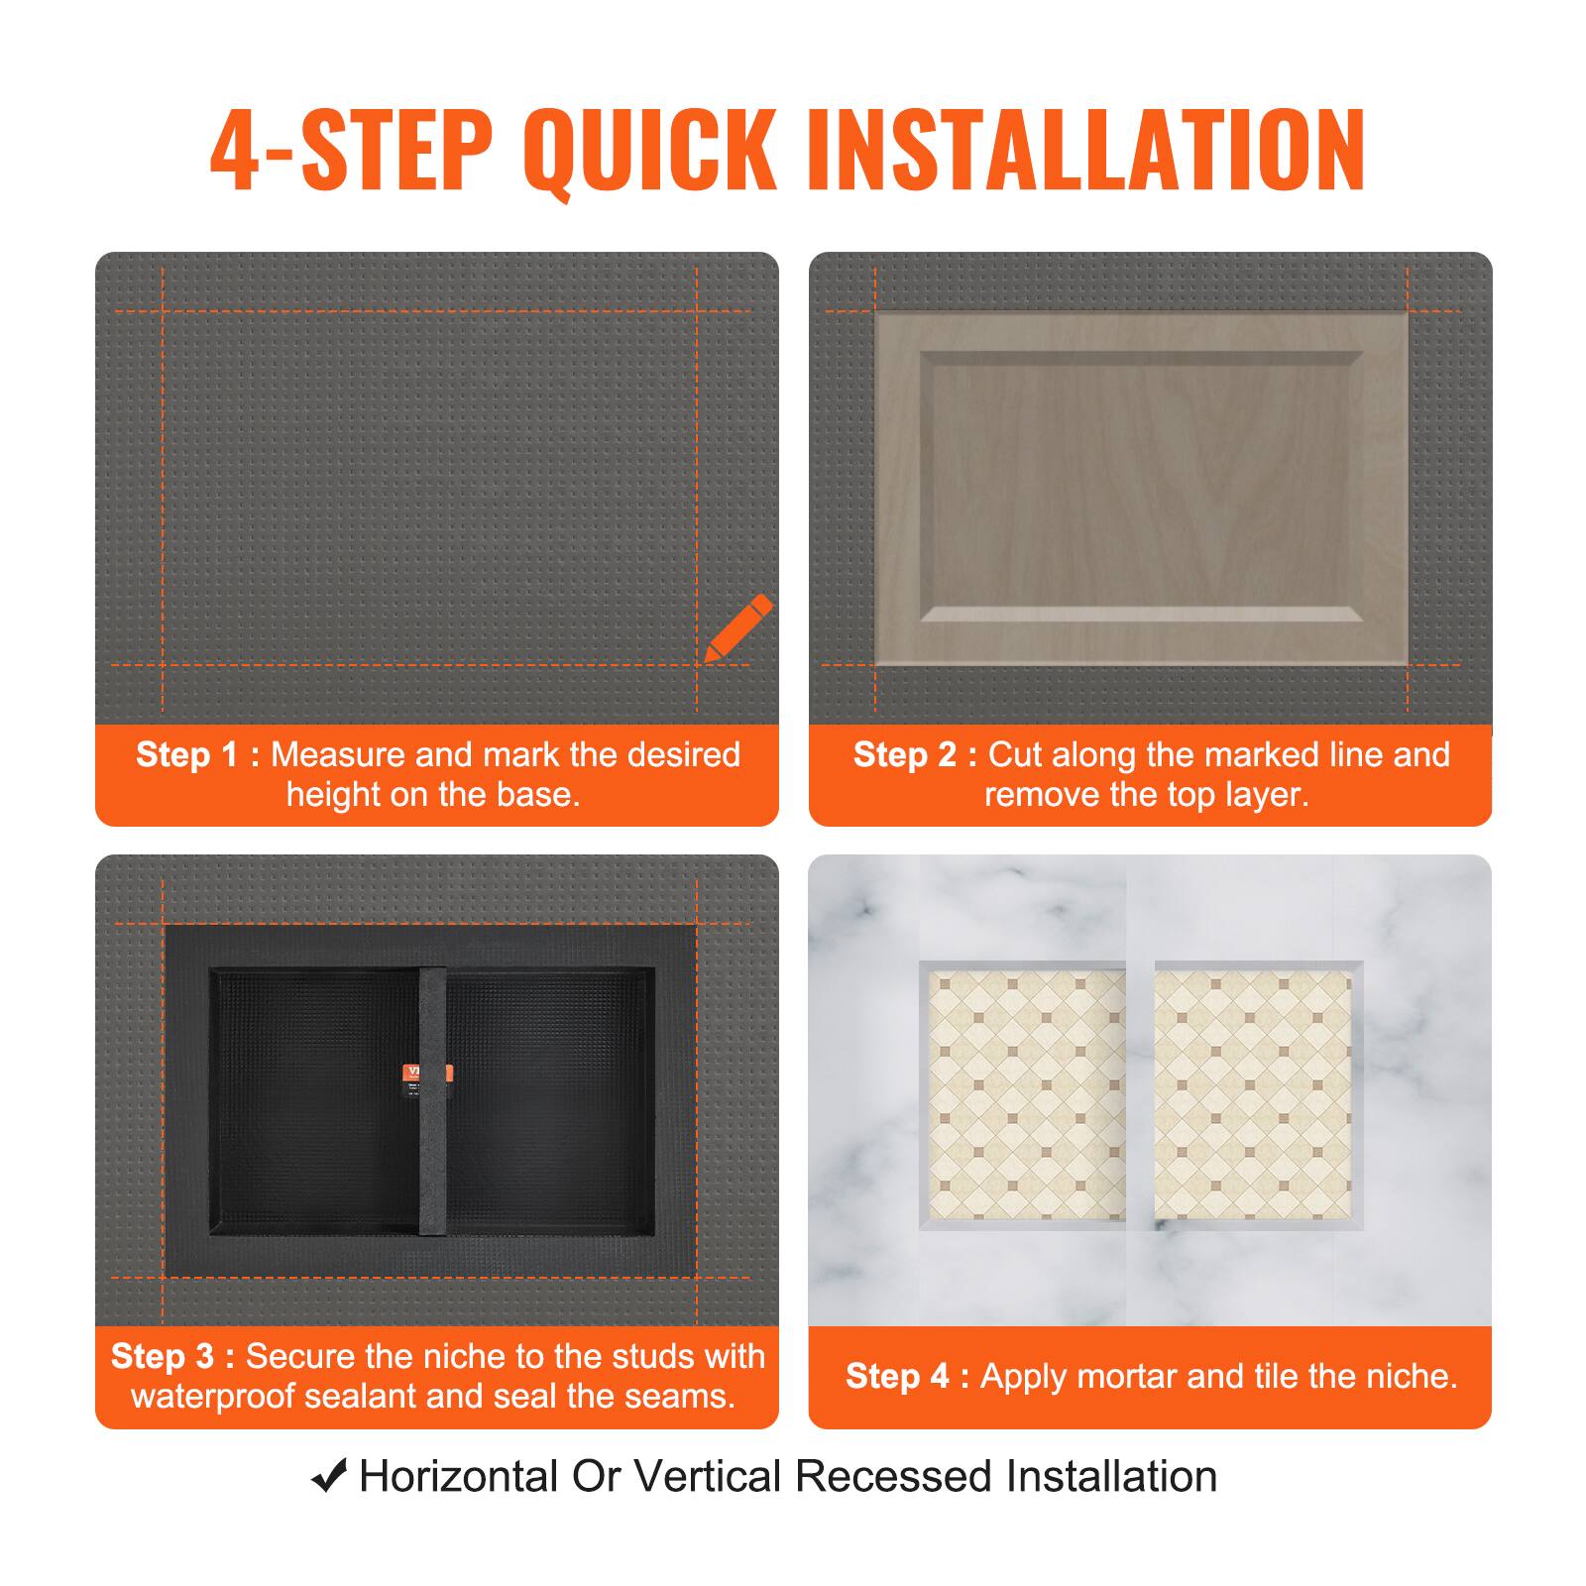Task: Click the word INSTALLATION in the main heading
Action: (x=1086, y=151)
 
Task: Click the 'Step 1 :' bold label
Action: (x=197, y=755)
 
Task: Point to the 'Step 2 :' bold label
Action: (x=915, y=755)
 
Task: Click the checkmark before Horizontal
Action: (x=328, y=1476)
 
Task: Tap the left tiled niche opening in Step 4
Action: (x=1026, y=1094)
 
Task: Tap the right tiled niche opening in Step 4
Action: (x=1253, y=1094)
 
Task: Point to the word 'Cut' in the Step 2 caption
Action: (x=1013, y=755)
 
